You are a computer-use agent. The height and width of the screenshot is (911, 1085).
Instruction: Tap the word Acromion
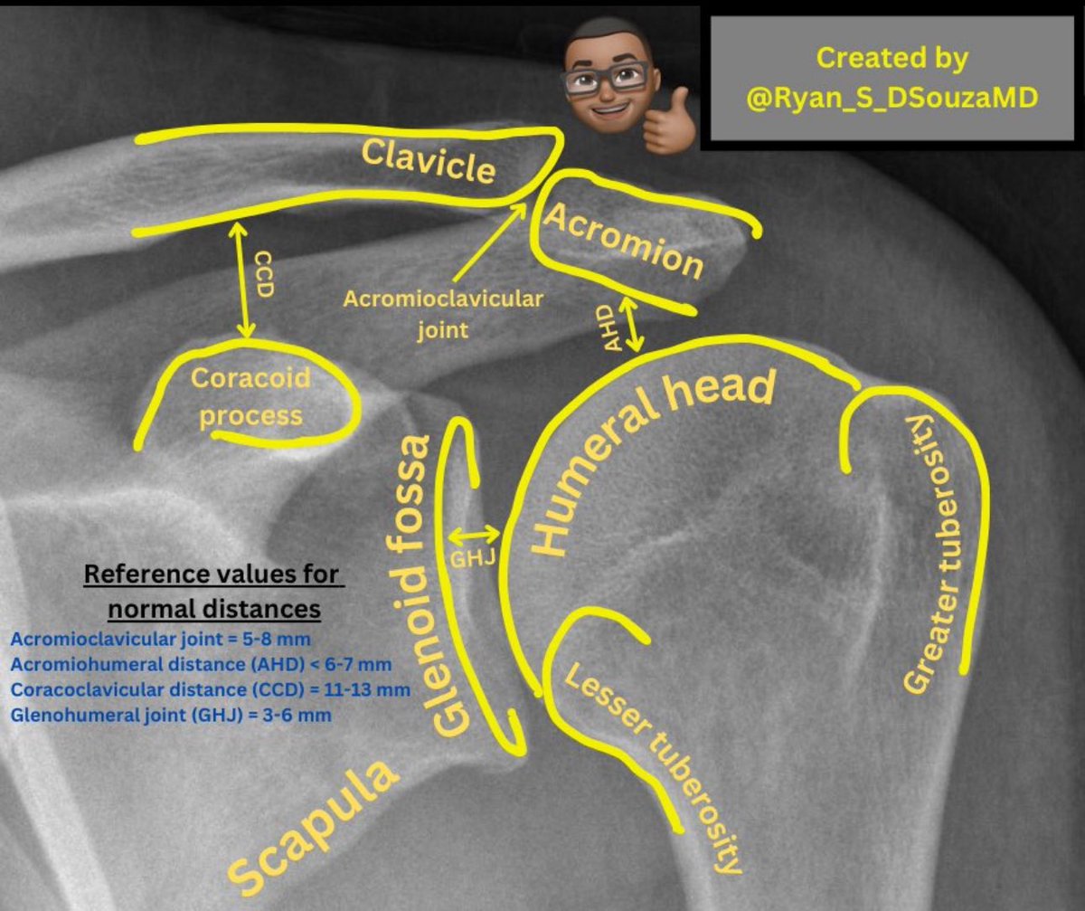(620, 239)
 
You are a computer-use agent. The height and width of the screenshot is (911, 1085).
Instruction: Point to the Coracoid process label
(250, 395)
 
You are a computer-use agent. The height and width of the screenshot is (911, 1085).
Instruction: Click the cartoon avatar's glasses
(606, 78)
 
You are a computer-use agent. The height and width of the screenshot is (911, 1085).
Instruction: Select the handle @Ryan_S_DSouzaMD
(892, 97)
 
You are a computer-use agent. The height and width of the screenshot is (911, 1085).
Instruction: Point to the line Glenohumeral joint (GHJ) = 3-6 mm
(171, 715)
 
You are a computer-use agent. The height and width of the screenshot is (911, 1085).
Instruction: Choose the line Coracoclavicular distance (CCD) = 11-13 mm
(211, 689)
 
